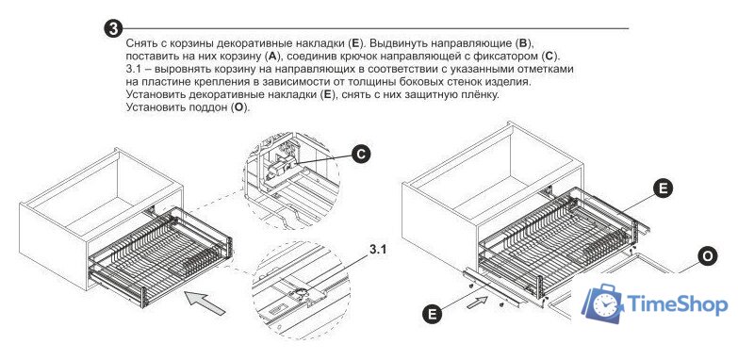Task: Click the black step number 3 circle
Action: (x=113, y=28)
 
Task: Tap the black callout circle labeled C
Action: (x=361, y=155)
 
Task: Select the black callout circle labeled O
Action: (x=707, y=257)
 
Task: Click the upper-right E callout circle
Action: (x=663, y=188)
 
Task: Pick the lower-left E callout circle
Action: (x=433, y=314)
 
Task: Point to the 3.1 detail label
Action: (x=377, y=250)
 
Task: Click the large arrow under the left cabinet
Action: (x=205, y=303)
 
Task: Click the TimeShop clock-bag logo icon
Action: (x=602, y=303)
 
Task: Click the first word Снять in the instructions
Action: (x=140, y=43)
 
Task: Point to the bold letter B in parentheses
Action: (x=522, y=43)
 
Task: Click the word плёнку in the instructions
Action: (x=477, y=94)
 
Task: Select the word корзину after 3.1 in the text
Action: (x=221, y=69)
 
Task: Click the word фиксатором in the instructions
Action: (x=511, y=57)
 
